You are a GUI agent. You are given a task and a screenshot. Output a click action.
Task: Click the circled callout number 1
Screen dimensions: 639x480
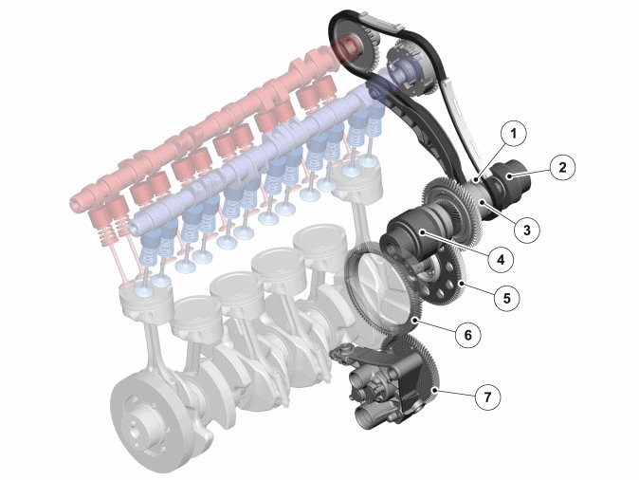coord(513,134)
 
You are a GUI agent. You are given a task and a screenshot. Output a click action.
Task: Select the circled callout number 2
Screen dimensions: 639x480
coord(562,167)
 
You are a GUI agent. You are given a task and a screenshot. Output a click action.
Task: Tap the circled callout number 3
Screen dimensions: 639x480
coord(526,230)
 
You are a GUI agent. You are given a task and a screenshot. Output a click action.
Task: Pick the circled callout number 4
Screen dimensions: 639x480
coord(501,259)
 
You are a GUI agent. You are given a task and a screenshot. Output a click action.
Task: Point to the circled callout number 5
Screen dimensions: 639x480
coord(507,298)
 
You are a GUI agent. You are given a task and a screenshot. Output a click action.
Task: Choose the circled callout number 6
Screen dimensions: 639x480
coord(467,335)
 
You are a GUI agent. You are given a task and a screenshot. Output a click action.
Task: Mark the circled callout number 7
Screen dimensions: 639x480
coord(488,396)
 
